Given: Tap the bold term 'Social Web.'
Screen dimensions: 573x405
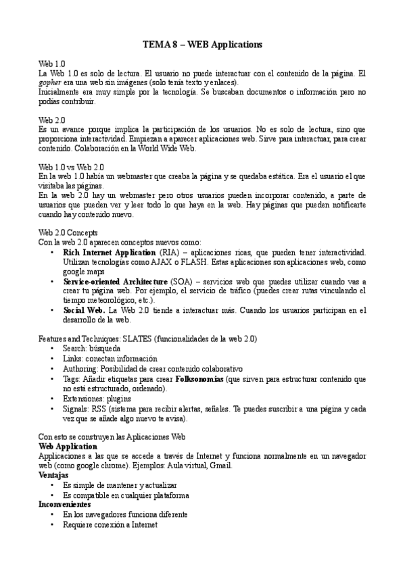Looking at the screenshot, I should coord(84,310).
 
